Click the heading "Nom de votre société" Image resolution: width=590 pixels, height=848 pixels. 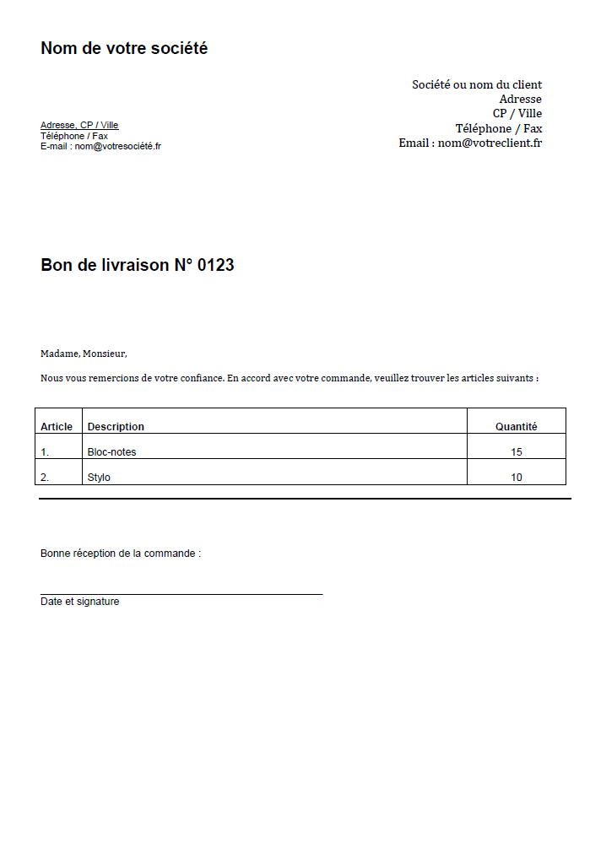pyautogui.click(x=124, y=49)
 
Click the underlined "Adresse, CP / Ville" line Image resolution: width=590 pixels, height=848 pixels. pyautogui.click(x=79, y=125)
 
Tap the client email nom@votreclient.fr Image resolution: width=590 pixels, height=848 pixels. pyautogui.click(x=490, y=143)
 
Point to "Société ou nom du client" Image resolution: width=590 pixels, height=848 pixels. pyautogui.click(x=477, y=84)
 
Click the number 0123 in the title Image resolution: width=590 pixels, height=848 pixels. pyautogui.click(x=215, y=265)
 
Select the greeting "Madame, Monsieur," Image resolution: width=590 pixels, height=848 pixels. pyautogui.click(x=84, y=354)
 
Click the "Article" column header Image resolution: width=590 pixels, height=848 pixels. pyautogui.click(x=57, y=427)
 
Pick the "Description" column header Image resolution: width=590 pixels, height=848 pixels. pyautogui.click(x=116, y=427)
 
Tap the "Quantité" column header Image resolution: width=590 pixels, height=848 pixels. pyautogui.click(x=516, y=427)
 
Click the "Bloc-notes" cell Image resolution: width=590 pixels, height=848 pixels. pyautogui.click(x=111, y=452)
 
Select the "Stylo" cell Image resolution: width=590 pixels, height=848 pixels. pyautogui.click(x=99, y=478)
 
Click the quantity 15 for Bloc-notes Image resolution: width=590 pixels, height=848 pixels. pyautogui.click(x=517, y=452)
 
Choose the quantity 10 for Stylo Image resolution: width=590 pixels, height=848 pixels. pyautogui.click(x=517, y=478)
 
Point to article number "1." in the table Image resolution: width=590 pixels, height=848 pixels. pyautogui.click(x=45, y=452)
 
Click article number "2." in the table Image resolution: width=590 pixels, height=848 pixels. pyautogui.click(x=45, y=478)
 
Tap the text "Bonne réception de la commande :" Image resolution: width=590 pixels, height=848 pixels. pyautogui.click(x=121, y=554)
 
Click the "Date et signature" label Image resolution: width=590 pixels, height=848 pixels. pyautogui.click(x=79, y=602)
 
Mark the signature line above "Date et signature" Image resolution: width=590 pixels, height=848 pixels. pyautogui.click(x=181, y=594)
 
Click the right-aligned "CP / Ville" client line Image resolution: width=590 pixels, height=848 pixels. pyautogui.click(x=517, y=114)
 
